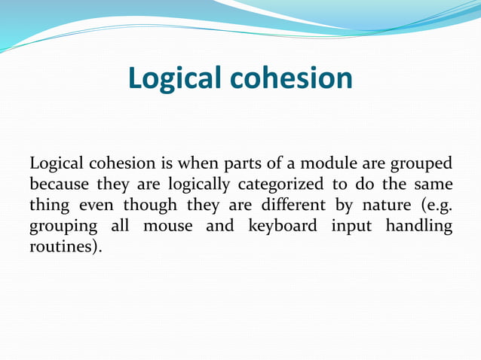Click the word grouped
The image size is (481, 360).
(421, 163)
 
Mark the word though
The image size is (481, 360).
(149, 206)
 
